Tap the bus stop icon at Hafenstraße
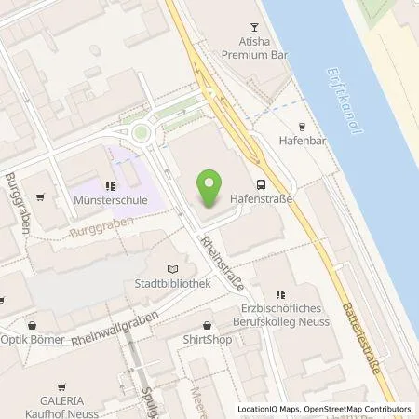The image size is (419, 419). tap(262, 184)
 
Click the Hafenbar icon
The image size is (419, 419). tap(301, 127)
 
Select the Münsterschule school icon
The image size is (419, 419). tap(110, 184)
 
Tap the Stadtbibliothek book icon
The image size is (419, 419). tap(169, 269)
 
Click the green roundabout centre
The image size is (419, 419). tap(142, 132)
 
